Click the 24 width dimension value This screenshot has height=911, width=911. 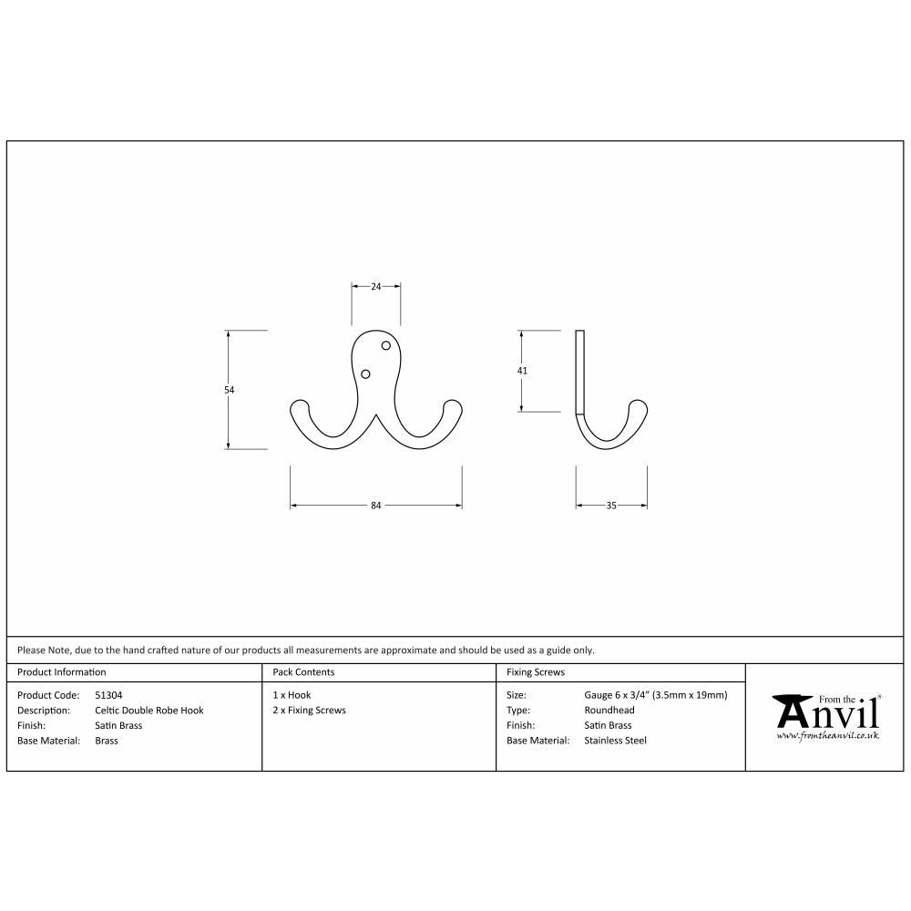point(376,286)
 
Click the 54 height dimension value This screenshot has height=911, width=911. point(230,390)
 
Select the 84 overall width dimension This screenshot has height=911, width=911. point(375,506)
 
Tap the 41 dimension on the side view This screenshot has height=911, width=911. point(522,371)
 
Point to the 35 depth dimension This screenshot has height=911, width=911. point(611,506)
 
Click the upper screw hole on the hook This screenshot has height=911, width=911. point(385,346)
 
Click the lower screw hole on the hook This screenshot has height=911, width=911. point(366,374)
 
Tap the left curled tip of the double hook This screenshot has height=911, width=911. point(298,406)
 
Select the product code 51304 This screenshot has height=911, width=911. point(108,695)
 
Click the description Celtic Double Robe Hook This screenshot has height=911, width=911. point(149,711)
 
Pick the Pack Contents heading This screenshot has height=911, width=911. point(303,672)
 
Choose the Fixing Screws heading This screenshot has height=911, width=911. point(536,672)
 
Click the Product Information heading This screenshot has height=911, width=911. point(62,672)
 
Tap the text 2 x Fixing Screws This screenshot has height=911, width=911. point(310,711)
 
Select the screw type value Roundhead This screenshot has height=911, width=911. point(609,711)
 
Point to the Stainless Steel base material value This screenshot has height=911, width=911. point(615,741)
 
